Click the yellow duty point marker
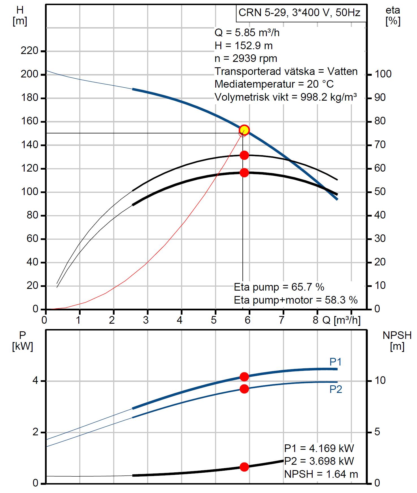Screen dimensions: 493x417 pos(244,130)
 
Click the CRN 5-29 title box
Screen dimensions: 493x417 pos(301,13)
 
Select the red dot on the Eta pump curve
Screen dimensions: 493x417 pos(244,155)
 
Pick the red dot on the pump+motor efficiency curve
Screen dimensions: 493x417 pos(244,173)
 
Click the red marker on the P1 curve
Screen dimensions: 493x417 pos(244,377)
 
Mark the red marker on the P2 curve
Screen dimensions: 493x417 pos(244,389)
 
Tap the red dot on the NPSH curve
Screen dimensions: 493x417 pos(244,467)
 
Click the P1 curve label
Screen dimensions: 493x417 pos(336,362)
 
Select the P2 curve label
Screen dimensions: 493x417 pos(336,390)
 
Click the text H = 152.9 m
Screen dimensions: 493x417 pos(244,46)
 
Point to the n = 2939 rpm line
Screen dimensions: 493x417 pos(246,59)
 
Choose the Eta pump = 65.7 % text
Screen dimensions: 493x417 pos(279,287)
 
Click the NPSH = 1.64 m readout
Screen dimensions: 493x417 pos(321,474)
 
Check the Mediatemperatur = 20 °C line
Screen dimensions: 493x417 pos(274,84)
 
